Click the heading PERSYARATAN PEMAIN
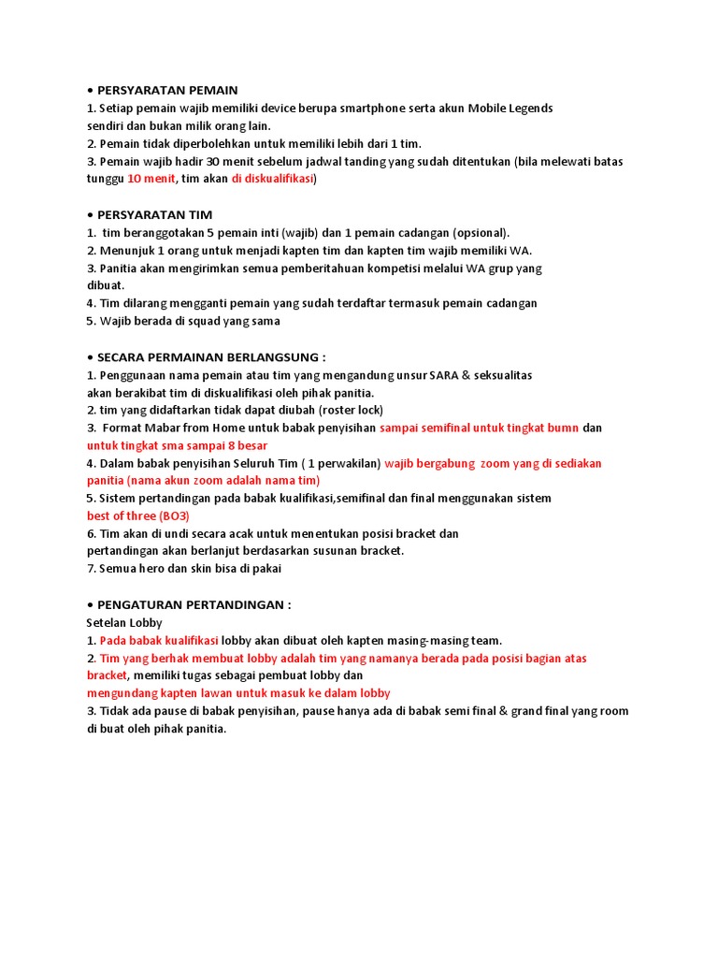167,90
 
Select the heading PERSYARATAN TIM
154,214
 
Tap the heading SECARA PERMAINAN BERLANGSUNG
210,356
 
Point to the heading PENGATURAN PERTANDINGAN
194,604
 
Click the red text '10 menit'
151,179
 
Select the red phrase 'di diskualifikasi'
272,179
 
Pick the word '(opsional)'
481,232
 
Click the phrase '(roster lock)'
352,410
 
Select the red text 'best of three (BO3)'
137,515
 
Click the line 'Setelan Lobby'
124,622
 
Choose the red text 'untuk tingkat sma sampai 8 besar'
177,445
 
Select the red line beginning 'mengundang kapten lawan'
238,693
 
